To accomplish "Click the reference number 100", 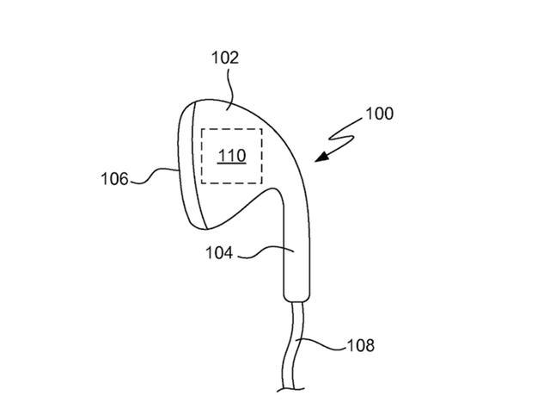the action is click(379, 114).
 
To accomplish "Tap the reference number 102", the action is click(225, 58).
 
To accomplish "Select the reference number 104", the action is click(219, 253).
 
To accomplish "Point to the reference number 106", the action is click(114, 179).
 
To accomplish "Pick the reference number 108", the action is click(361, 345).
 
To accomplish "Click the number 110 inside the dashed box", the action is click(231, 155).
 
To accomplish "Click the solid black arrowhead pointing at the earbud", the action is click(322, 157).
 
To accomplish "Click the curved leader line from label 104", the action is click(266, 250).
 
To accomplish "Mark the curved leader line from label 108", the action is click(321, 343).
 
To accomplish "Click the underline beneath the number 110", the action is click(231, 164).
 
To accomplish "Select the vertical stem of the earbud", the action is click(296, 246).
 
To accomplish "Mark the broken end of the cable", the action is click(290, 389).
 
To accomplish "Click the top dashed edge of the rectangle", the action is click(231, 129).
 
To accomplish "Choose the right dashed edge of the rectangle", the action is click(261, 156).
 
